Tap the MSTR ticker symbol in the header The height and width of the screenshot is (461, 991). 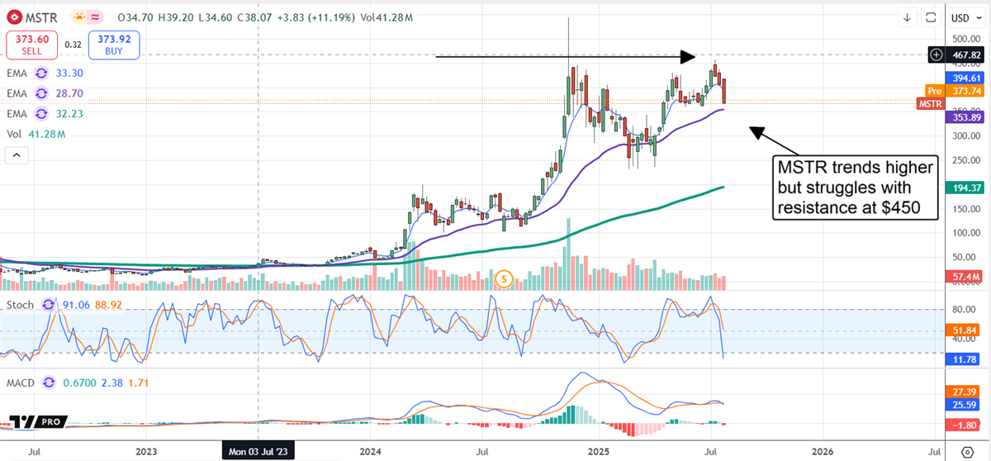click(x=42, y=17)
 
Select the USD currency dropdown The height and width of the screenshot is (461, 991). click(x=960, y=17)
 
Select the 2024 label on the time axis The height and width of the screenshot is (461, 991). click(x=371, y=451)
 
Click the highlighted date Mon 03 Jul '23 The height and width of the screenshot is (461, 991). click(x=258, y=451)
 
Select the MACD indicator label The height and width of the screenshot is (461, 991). click(x=23, y=383)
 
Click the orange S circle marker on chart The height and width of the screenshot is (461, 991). click(x=504, y=279)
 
